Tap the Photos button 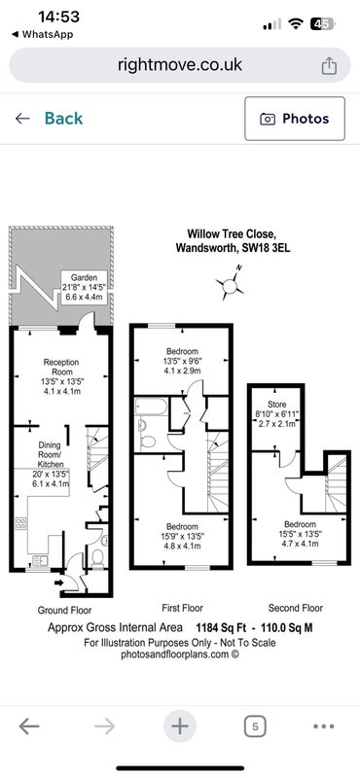[295, 119]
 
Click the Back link [49, 118]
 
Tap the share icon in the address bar [329, 65]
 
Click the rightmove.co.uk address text [180, 64]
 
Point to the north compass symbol [230, 285]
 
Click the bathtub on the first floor [151, 407]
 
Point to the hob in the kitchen [20, 523]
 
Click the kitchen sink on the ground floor [38, 561]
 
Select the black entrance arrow [58, 583]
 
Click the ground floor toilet [98, 556]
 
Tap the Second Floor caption [296, 608]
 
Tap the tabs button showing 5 [255, 726]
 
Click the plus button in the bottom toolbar [180, 726]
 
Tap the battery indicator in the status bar [324, 23]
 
